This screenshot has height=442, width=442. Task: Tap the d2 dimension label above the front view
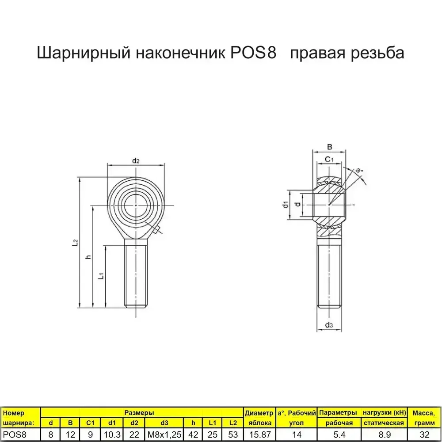[136, 160]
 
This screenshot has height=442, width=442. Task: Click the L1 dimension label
[101, 276]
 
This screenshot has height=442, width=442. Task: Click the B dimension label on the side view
[329, 147]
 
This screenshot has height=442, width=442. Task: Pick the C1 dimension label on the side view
[329, 159]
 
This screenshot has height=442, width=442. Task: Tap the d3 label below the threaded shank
[328, 326]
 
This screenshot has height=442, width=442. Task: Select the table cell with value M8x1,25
[164, 434]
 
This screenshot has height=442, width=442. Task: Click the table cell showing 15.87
[259, 434]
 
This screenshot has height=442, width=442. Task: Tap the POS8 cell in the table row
[15, 434]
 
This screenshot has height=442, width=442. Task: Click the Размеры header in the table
[139, 413]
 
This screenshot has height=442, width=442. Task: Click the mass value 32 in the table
[423, 434]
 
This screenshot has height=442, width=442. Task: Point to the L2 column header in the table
[232, 423]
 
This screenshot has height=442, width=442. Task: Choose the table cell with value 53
[232, 434]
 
